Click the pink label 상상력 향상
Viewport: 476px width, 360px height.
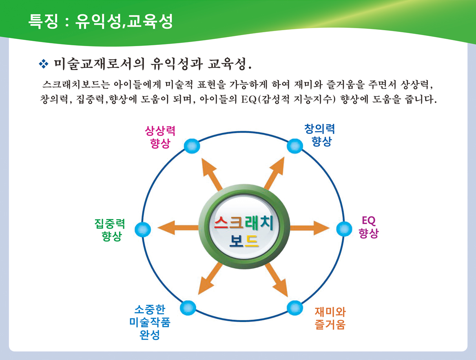point(160,137)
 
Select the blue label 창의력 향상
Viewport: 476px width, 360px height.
point(320,135)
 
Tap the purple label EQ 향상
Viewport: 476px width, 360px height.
point(369,227)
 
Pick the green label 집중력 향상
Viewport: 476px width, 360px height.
point(110,230)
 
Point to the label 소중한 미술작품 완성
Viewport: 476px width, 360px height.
point(150,322)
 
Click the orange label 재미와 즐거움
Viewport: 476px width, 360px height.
point(330,318)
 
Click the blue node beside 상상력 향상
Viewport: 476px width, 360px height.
point(192,146)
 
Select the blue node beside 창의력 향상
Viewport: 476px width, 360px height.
point(295,146)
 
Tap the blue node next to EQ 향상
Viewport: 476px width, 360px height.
point(344,229)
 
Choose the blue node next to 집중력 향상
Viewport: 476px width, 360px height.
point(143,229)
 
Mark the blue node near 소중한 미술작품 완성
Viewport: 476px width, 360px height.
point(188,308)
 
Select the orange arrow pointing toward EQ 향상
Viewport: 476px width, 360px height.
point(310,228)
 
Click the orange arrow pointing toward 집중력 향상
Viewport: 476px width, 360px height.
point(178,228)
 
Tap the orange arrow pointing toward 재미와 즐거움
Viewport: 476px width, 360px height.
point(276,280)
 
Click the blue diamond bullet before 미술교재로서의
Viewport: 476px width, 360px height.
point(44,64)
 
